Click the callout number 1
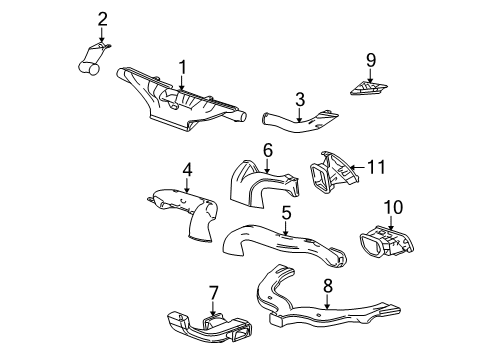[x=182, y=67]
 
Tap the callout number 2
[x=102, y=18]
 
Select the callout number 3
[x=298, y=98]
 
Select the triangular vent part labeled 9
[x=371, y=87]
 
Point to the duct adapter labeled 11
[x=333, y=176]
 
